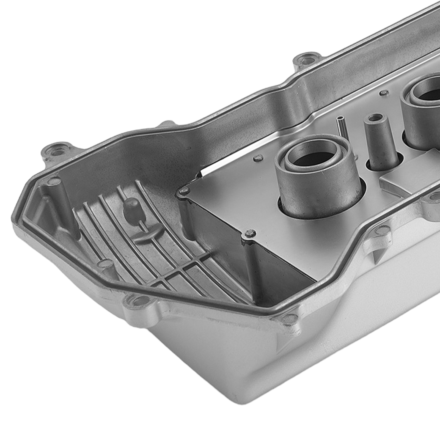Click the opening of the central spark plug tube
coord(313,158)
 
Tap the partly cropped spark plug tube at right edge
coord(424,116)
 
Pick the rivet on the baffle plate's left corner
coord(183,191)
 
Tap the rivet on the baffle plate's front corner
coord(250,234)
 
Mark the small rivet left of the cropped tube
coord(384,93)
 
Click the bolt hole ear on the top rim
coord(307,59)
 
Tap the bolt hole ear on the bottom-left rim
coord(137,301)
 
